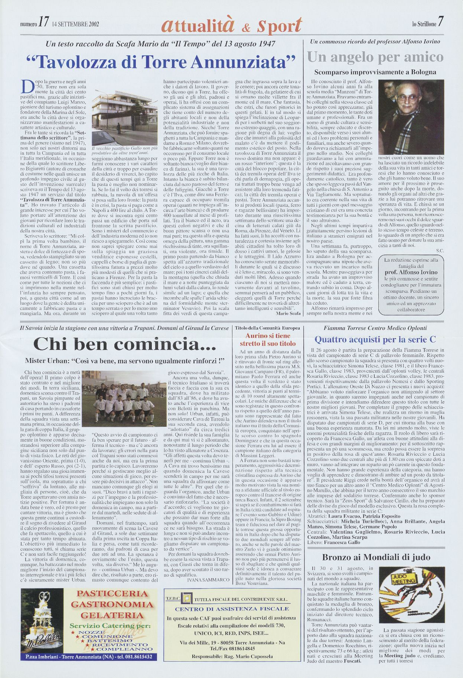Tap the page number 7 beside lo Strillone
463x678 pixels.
440,23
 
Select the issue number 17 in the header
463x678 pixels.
43,23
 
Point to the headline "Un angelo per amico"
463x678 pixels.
375,58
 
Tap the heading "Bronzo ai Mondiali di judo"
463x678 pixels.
376,557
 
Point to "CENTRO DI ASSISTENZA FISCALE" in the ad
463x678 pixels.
232,609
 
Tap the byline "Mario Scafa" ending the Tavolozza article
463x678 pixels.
288,313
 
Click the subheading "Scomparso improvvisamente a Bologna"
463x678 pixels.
375,72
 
